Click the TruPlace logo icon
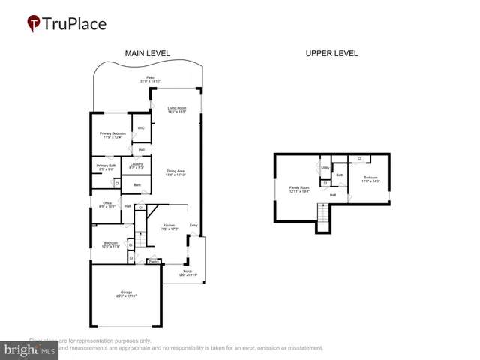coord(34,23)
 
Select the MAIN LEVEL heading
coord(147,53)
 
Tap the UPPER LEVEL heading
coord(331,53)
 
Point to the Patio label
coord(150,79)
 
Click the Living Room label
coord(176,109)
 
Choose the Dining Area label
coord(175,172)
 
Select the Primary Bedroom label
coord(111,135)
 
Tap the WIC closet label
coord(140,128)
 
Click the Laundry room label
coord(136,165)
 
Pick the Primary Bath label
coord(106,167)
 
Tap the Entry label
coord(193,225)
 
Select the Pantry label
coord(152,262)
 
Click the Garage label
coord(126,294)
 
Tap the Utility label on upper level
coord(325,168)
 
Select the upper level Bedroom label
coord(371,179)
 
